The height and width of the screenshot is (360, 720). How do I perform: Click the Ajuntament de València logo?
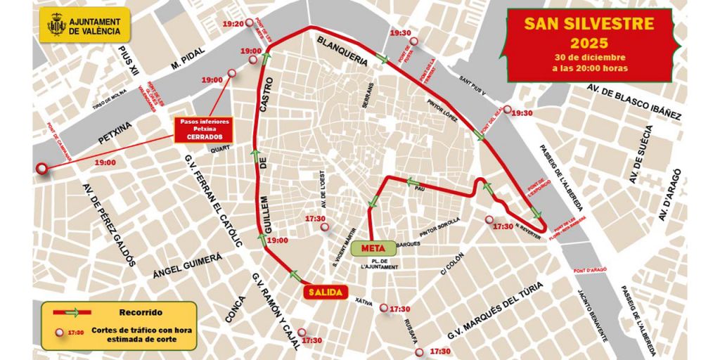(84, 26)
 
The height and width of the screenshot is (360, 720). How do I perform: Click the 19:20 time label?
(233, 24)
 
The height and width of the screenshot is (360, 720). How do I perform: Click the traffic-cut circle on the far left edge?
(42, 169)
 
